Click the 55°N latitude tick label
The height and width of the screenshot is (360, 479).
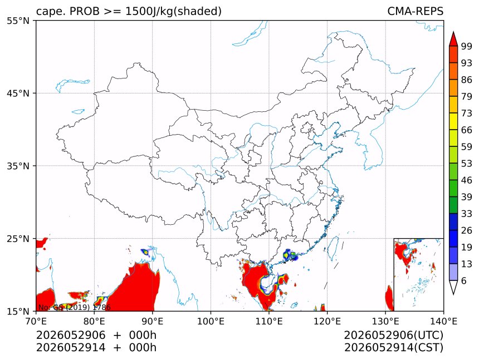(x=18, y=21)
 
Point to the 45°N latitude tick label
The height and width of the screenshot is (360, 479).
(x=18, y=93)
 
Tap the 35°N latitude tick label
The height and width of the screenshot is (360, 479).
(x=18, y=166)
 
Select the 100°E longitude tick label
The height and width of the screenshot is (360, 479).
(x=211, y=321)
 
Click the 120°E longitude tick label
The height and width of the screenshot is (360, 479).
(x=327, y=321)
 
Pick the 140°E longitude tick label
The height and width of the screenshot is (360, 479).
(x=443, y=321)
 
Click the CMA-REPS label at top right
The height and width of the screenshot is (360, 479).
(x=415, y=11)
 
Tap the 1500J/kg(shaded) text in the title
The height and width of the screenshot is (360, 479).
(x=174, y=11)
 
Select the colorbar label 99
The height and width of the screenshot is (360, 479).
(x=467, y=46)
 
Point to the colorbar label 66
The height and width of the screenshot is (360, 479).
(x=467, y=130)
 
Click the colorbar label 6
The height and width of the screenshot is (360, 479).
(x=464, y=280)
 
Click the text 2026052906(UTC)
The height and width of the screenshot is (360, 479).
(x=393, y=336)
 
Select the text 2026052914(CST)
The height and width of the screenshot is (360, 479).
(x=393, y=348)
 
